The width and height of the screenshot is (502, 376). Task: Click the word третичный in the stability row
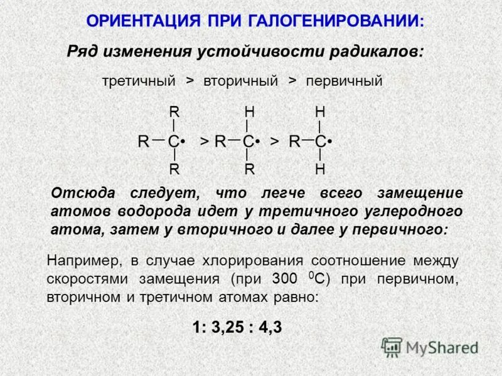[138, 81]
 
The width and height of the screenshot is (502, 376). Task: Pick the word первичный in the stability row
[344, 81]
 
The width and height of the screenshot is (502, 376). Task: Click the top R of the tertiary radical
[174, 112]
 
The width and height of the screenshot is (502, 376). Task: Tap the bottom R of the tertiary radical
[174, 169]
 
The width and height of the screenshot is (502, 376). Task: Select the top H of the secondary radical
[249, 112]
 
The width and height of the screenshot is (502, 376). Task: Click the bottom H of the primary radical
[320, 169]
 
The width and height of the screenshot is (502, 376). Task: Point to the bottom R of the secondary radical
[249, 169]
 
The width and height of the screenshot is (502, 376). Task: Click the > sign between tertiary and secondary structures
[204, 142]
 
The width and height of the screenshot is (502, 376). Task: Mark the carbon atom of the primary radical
[320, 142]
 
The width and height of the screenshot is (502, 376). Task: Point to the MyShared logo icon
[392, 347]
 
